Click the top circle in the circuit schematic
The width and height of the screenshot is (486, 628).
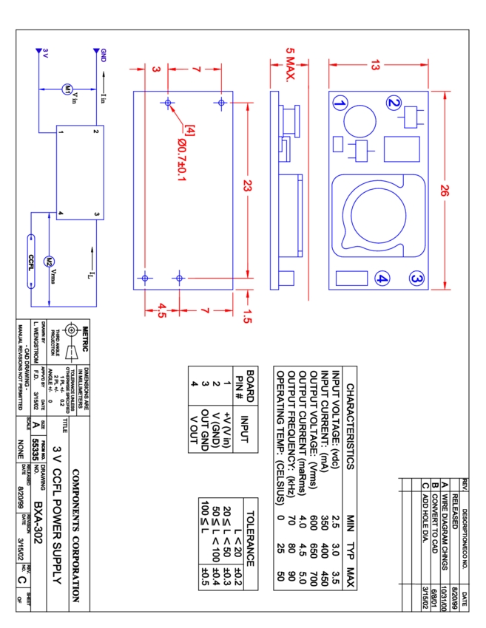pyautogui.click(x=67, y=89)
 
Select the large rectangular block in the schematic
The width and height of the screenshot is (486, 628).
pyautogui.click(x=80, y=172)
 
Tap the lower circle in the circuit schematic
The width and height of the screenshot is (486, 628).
pyautogui.click(x=49, y=262)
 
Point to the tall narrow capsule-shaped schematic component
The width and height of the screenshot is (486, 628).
pyautogui.click(x=31, y=261)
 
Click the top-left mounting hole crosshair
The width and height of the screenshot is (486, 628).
pyautogui.click(x=167, y=103)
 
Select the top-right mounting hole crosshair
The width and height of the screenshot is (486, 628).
pyautogui.click(x=220, y=103)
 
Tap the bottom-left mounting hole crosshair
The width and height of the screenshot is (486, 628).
pyautogui.click(x=144, y=278)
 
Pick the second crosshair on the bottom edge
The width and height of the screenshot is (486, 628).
pyautogui.click(x=178, y=278)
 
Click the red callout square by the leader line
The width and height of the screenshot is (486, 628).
pyautogui.click(x=189, y=131)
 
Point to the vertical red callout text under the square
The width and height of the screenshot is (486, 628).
pyautogui.click(x=182, y=159)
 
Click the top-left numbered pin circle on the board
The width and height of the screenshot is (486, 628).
pyautogui.click(x=340, y=103)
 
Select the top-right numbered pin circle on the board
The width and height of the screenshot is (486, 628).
pyautogui.click(x=394, y=103)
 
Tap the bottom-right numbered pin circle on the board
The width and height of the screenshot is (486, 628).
pyautogui.click(x=416, y=278)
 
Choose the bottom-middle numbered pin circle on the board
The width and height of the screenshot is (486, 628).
pyautogui.click(x=382, y=278)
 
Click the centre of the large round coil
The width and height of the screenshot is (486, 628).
pyautogui.click(x=378, y=215)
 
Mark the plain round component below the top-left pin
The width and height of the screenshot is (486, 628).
pyautogui.click(x=360, y=121)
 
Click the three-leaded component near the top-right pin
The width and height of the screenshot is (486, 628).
pyautogui.click(x=411, y=117)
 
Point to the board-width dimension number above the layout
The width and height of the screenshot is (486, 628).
pyautogui.click(x=376, y=65)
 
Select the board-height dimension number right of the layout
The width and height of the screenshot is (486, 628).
pyautogui.click(x=445, y=190)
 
